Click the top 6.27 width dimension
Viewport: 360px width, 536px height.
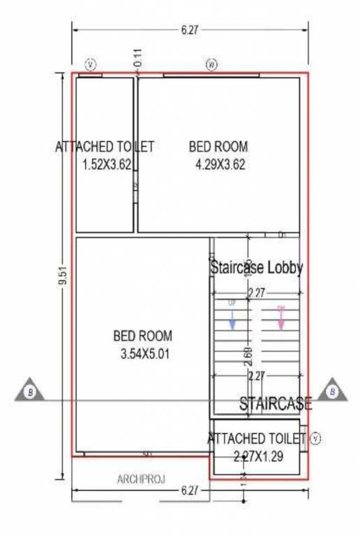(x=188, y=31)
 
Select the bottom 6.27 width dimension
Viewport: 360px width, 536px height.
(x=188, y=491)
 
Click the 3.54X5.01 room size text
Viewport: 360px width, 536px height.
(x=144, y=354)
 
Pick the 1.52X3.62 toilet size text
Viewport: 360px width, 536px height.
(x=107, y=165)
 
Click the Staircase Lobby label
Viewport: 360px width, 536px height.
(x=256, y=267)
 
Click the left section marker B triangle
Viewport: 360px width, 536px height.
(x=31, y=392)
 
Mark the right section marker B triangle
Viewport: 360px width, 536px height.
(x=332, y=392)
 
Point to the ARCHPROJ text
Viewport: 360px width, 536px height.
(x=140, y=479)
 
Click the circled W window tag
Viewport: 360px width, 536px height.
(x=211, y=64)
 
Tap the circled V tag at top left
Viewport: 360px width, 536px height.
(x=91, y=64)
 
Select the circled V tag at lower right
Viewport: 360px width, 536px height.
(x=315, y=438)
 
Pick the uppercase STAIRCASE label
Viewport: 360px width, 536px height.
(x=276, y=403)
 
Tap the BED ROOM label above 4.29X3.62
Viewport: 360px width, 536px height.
(x=218, y=147)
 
